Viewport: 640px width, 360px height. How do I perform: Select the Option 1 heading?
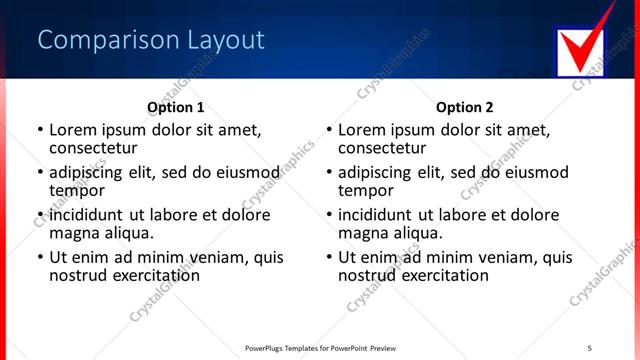point(175,107)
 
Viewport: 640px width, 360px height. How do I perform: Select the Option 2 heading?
point(464,107)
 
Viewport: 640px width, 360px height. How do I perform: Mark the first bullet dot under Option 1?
point(39,130)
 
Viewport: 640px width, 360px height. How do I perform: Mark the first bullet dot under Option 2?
point(328,130)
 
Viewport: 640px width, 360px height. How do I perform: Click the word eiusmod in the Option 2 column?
point(536,172)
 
